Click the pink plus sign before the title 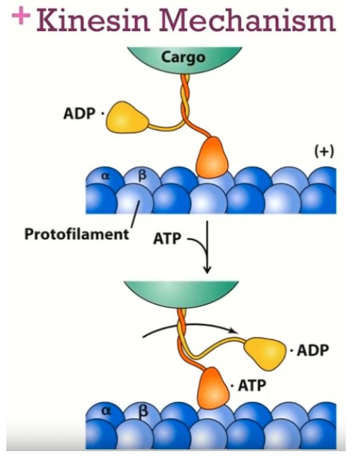pos(21,15)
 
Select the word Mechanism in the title pos(247,20)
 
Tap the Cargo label pos(183,58)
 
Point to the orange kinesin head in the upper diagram pos(213,158)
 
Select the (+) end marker pos(324,152)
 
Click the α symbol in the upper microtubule pos(105,176)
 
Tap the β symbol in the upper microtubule pos(142,176)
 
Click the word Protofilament pos(77,234)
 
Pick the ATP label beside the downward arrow pos(167,238)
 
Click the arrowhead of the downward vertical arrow pos(207,269)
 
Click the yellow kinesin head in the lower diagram pos(265,352)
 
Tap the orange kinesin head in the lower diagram pos(214,388)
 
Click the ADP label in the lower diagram pos(312,350)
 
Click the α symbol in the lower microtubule pos(106,411)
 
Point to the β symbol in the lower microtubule pos(142,411)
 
